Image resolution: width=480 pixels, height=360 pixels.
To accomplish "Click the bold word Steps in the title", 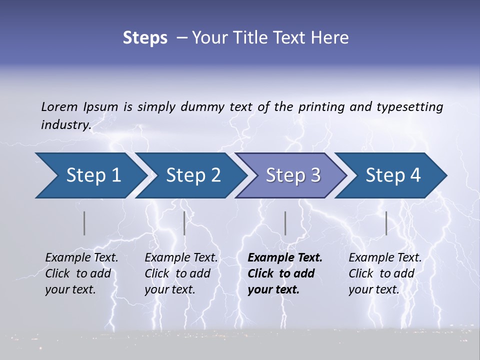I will (x=145, y=38).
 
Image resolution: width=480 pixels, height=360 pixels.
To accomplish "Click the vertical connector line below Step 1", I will (x=84, y=223).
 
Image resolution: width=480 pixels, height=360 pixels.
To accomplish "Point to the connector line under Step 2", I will (x=184, y=223).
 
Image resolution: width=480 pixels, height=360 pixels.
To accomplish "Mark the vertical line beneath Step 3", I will (x=285, y=223).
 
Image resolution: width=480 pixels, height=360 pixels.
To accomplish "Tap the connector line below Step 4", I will (x=386, y=223).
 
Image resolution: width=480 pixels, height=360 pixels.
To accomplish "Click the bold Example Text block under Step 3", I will (x=284, y=273).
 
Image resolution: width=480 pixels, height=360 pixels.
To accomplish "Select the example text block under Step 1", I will (x=81, y=273).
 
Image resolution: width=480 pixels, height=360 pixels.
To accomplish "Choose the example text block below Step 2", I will (x=181, y=273).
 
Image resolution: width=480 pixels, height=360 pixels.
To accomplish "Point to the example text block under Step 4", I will (x=385, y=273).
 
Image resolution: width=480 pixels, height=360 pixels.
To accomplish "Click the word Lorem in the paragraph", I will (x=59, y=106).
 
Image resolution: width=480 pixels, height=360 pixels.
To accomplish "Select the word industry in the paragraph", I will (x=65, y=124).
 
